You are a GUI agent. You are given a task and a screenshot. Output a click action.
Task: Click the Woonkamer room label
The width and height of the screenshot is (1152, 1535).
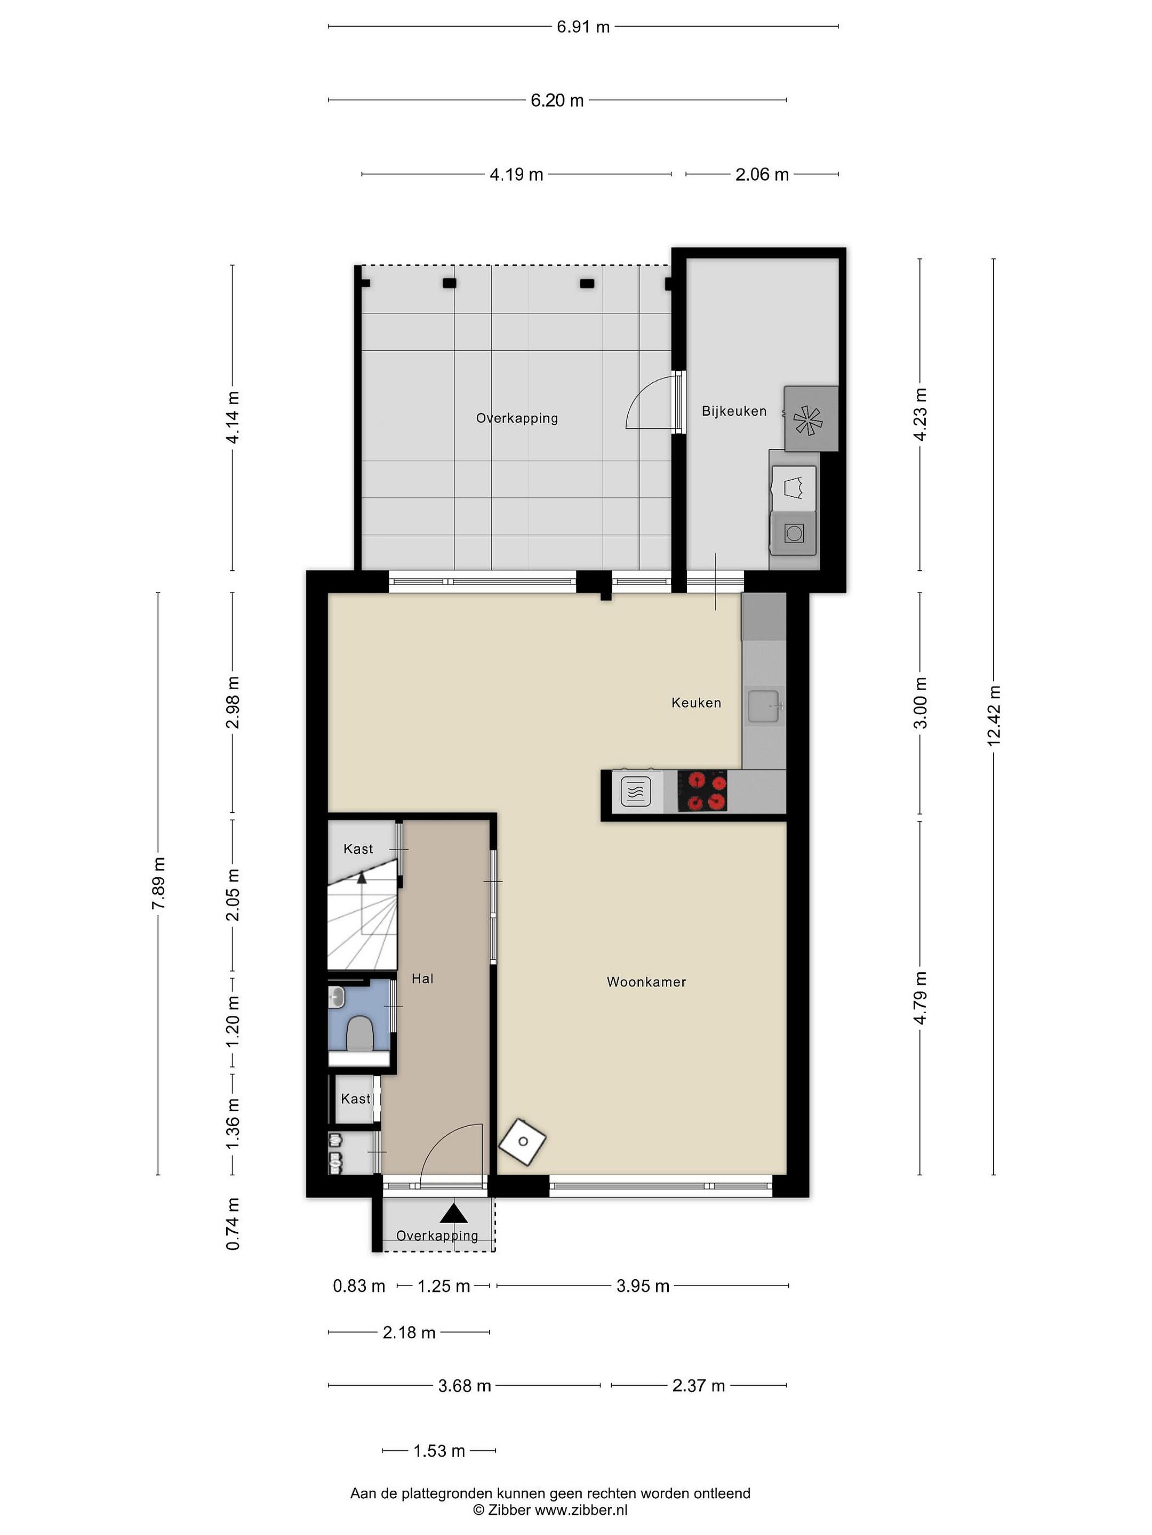tap(646, 982)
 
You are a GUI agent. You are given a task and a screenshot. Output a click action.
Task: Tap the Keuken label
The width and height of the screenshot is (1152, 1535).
tap(696, 703)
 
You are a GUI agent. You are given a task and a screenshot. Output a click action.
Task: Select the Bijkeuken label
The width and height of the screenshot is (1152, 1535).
tap(734, 411)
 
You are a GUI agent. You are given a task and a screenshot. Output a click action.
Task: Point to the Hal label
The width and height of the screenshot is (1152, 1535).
tap(422, 979)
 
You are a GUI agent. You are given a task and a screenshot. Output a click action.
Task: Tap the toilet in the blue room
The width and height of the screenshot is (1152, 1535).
tap(359, 1032)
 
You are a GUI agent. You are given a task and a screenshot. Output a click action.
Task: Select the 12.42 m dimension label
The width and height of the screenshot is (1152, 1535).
tap(994, 715)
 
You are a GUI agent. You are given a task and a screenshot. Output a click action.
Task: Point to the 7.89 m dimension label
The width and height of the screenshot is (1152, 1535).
tap(158, 883)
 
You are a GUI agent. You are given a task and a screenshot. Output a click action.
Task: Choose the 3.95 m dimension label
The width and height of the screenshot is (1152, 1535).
tap(643, 1286)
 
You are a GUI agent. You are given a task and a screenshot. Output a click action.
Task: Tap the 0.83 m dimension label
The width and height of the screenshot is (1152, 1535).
tap(359, 1286)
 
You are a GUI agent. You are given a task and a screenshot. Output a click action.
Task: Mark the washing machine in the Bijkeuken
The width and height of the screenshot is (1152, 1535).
tap(794, 533)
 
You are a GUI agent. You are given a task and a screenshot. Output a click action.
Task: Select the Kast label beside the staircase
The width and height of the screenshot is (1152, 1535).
tap(358, 849)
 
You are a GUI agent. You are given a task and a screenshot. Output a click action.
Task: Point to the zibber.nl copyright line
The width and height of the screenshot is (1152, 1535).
tap(550, 1510)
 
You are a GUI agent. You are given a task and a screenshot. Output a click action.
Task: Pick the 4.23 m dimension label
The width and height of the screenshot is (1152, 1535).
tap(920, 414)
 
